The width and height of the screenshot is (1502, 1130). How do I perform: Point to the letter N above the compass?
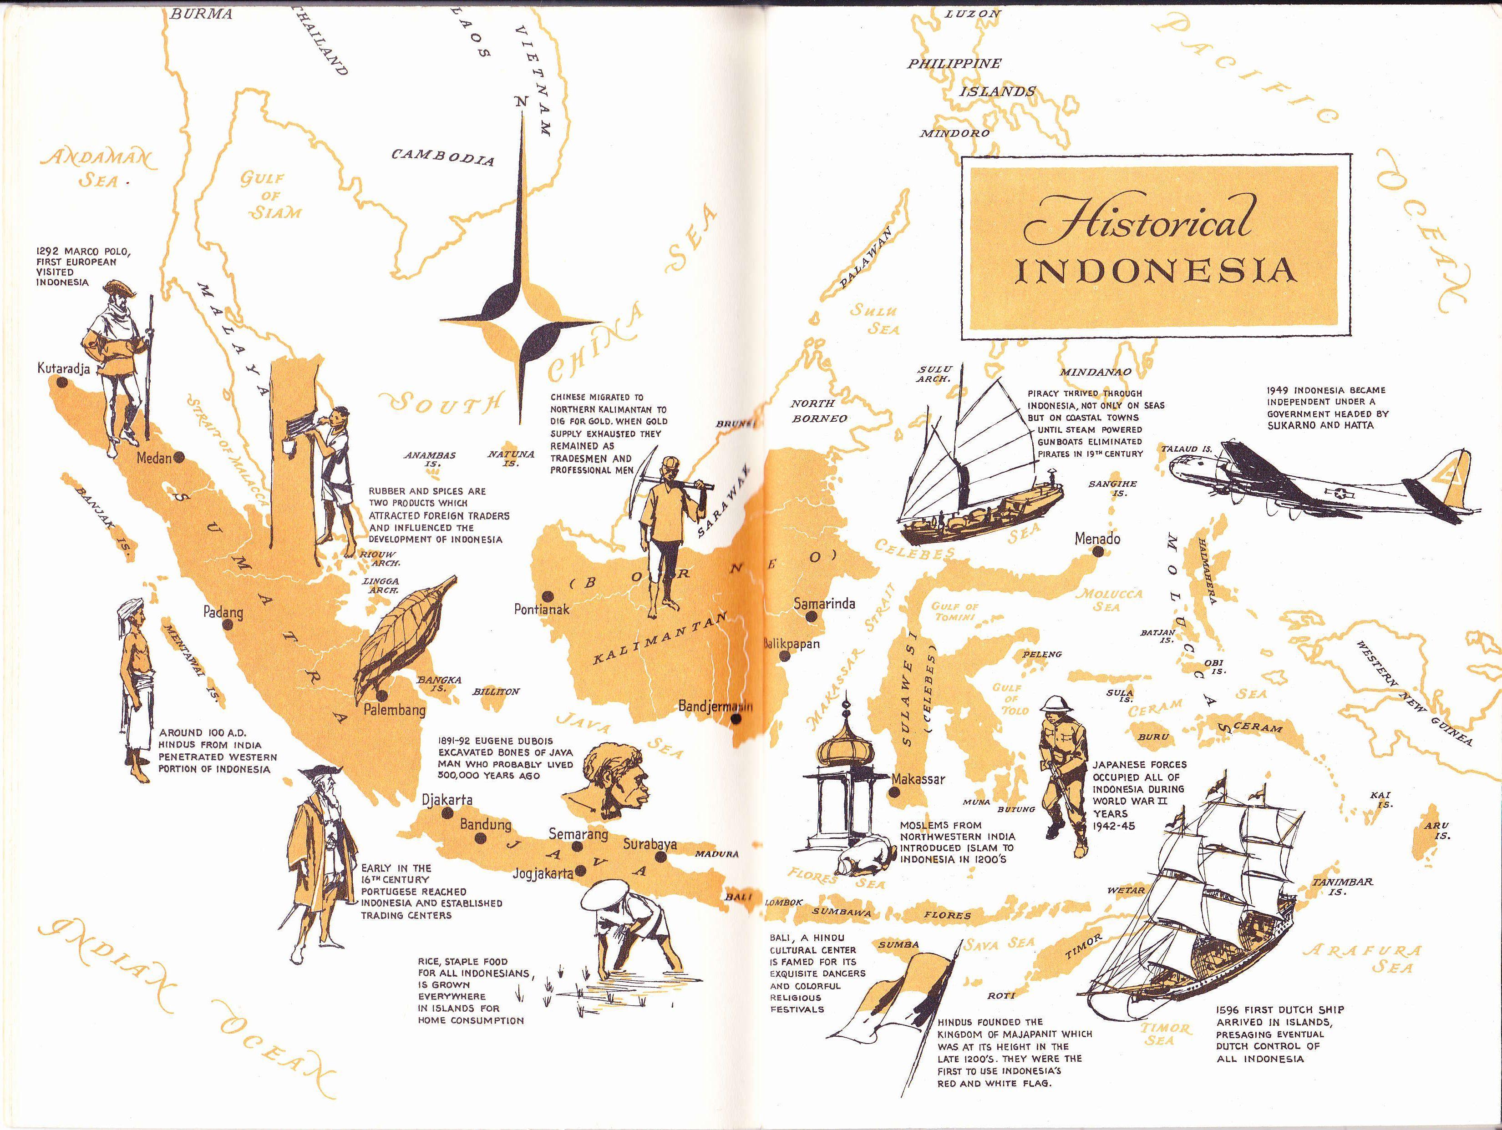(521, 102)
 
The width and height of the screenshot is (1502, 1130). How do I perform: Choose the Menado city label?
(1097, 539)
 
